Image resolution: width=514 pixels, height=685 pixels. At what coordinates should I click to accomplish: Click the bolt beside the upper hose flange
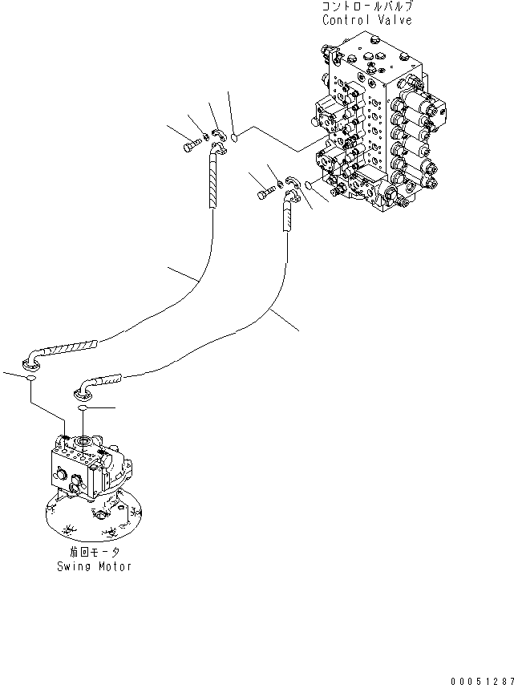tap(192, 146)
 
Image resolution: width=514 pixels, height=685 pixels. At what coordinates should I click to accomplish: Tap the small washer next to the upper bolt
tap(205, 140)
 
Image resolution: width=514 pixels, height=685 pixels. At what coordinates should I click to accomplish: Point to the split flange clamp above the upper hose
tap(219, 137)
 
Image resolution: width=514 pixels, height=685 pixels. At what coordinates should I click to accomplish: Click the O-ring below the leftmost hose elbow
tap(30, 379)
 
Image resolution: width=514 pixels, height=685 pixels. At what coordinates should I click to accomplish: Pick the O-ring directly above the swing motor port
tap(83, 409)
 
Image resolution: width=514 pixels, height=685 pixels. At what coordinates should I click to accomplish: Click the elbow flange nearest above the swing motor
tap(83, 391)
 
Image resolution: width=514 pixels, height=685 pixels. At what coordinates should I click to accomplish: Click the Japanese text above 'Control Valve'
tap(368, 6)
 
